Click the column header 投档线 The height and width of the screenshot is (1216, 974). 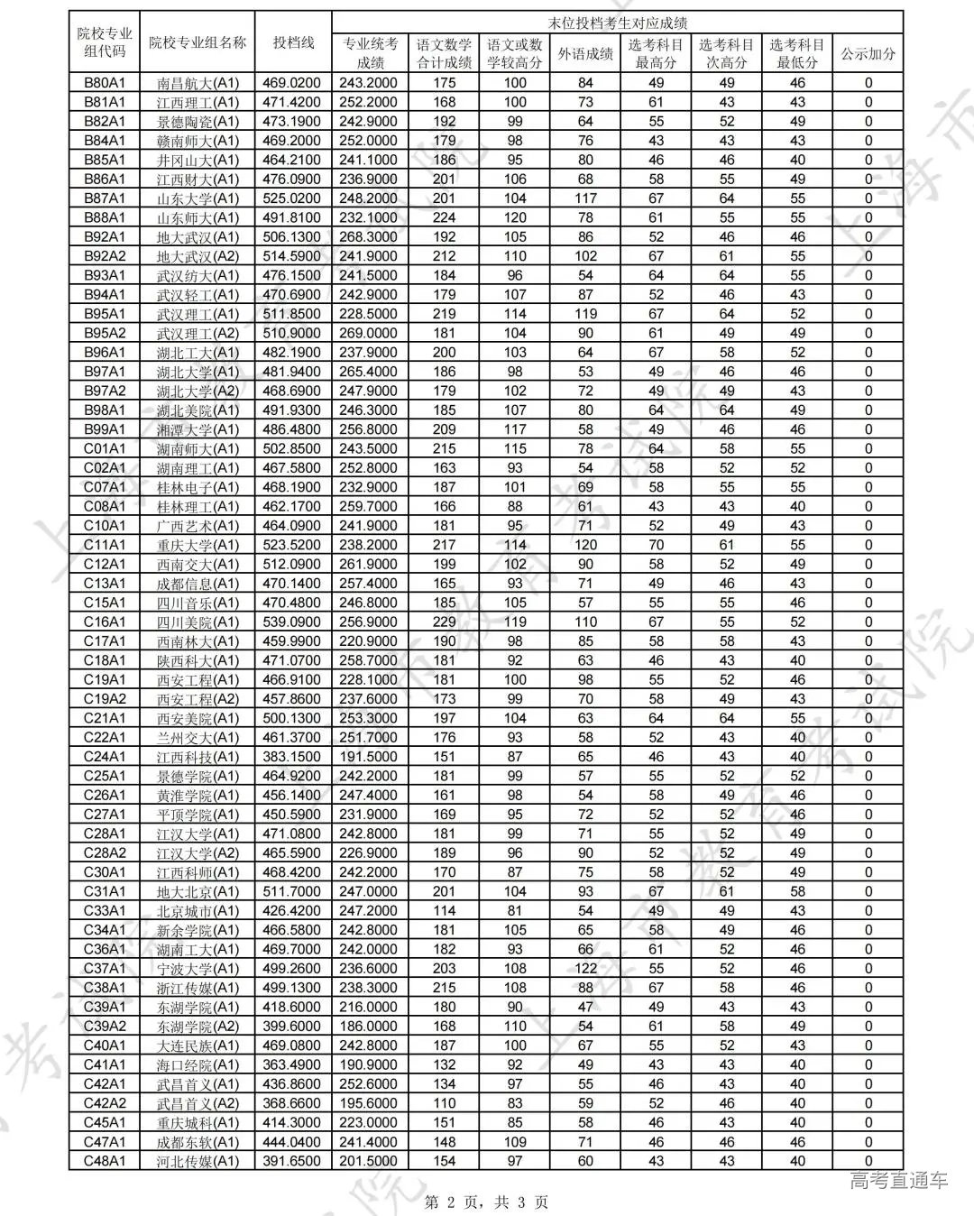click(x=293, y=42)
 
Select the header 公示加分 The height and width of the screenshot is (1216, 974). click(x=868, y=53)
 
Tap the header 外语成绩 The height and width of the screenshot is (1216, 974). click(x=585, y=53)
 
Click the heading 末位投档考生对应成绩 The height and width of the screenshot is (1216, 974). click(x=617, y=23)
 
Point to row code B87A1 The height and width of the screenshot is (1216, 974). click(x=105, y=198)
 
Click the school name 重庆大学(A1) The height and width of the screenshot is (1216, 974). click(x=198, y=545)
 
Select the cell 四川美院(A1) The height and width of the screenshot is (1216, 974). click(x=198, y=622)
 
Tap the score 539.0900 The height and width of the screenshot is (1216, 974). click(x=293, y=622)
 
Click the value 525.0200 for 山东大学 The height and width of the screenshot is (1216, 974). click(x=293, y=198)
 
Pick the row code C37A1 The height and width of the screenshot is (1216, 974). click(x=105, y=969)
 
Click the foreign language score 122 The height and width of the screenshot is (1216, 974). click(x=585, y=969)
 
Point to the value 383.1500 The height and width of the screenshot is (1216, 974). click(x=293, y=757)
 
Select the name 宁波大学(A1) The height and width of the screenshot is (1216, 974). click(x=198, y=969)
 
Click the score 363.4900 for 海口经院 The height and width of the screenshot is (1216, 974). click(x=293, y=1065)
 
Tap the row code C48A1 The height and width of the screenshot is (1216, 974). click(x=105, y=1161)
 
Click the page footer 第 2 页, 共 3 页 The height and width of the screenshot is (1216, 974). click(x=486, y=1202)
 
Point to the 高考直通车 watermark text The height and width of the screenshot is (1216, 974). click(x=899, y=1180)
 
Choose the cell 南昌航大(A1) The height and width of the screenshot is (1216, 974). click(x=198, y=83)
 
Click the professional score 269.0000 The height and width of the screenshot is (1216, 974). click(x=370, y=333)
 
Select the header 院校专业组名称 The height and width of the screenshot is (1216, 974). click(x=198, y=42)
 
